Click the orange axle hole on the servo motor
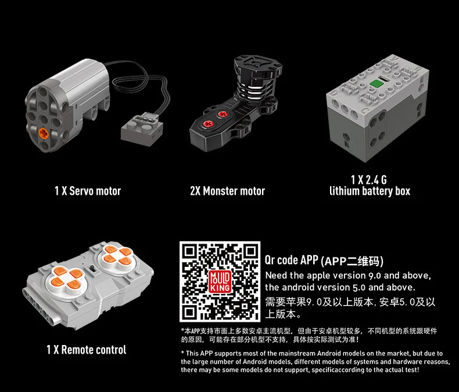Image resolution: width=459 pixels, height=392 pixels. click(x=44, y=133)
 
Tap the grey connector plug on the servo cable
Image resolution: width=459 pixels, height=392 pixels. click(x=142, y=129)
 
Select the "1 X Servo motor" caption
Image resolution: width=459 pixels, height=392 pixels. click(x=88, y=191)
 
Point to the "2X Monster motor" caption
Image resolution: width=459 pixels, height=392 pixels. click(x=227, y=191)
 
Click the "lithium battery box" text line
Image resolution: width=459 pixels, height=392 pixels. click(x=370, y=191)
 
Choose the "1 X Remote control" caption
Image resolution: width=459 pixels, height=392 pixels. click(x=87, y=350)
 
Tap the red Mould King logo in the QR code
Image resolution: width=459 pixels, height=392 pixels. click(x=220, y=282)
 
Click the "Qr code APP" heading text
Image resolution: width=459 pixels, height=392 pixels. click(x=291, y=260)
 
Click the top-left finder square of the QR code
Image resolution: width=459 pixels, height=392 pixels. click(x=189, y=251)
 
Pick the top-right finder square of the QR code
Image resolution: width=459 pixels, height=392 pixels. click(x=250, y=251)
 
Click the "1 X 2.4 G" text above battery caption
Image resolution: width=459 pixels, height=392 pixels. click(x=369, y=179)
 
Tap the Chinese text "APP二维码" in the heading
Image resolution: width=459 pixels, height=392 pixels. click(x=352, y=261)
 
